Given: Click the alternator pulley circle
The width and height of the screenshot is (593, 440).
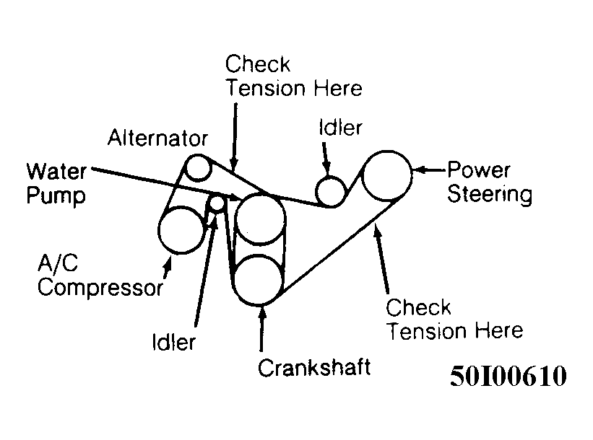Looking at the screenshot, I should point(197,169).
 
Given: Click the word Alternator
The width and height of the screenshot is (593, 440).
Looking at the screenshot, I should point(158,138).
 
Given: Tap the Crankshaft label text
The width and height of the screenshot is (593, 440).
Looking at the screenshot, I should point(314,367).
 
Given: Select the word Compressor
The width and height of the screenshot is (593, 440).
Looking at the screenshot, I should point(100,289).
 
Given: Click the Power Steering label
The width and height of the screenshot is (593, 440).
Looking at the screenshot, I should point(490,182).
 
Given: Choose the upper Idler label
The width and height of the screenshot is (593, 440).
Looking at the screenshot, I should point(339,128).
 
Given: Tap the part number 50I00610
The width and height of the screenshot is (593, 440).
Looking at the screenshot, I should point(508,376).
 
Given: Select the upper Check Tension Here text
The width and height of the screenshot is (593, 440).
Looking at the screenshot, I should point(293,76).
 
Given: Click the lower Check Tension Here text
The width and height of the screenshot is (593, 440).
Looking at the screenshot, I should point(454,320).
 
